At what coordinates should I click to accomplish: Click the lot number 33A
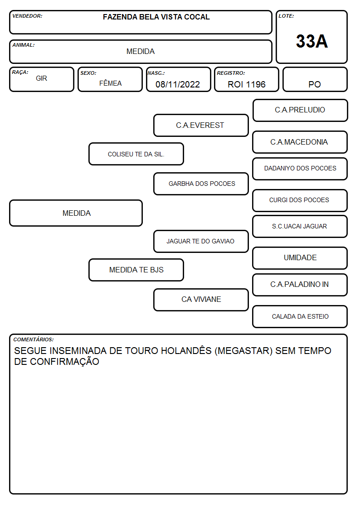311,41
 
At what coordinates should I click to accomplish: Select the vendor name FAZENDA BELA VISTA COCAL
156,17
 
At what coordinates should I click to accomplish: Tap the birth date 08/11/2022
178,84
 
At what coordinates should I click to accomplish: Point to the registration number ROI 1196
246,84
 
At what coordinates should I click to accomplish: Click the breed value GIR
41,78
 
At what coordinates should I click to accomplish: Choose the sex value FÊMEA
110,83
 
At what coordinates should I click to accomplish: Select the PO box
315,79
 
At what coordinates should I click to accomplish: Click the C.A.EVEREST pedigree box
201,125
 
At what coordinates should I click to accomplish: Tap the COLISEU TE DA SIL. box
136,154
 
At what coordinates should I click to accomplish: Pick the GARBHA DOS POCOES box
201,184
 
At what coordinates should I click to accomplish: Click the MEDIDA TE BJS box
136,270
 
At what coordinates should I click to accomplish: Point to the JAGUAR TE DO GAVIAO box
201,241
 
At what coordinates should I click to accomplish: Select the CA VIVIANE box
201,300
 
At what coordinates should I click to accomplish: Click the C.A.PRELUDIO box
300,111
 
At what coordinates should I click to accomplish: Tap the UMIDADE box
300,258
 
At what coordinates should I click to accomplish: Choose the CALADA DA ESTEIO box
300,316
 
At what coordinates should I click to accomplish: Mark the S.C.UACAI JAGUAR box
300,227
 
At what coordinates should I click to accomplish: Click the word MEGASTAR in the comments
243,351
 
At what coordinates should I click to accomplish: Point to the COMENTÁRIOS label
34,339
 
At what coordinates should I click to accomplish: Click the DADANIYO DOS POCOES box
300,169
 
